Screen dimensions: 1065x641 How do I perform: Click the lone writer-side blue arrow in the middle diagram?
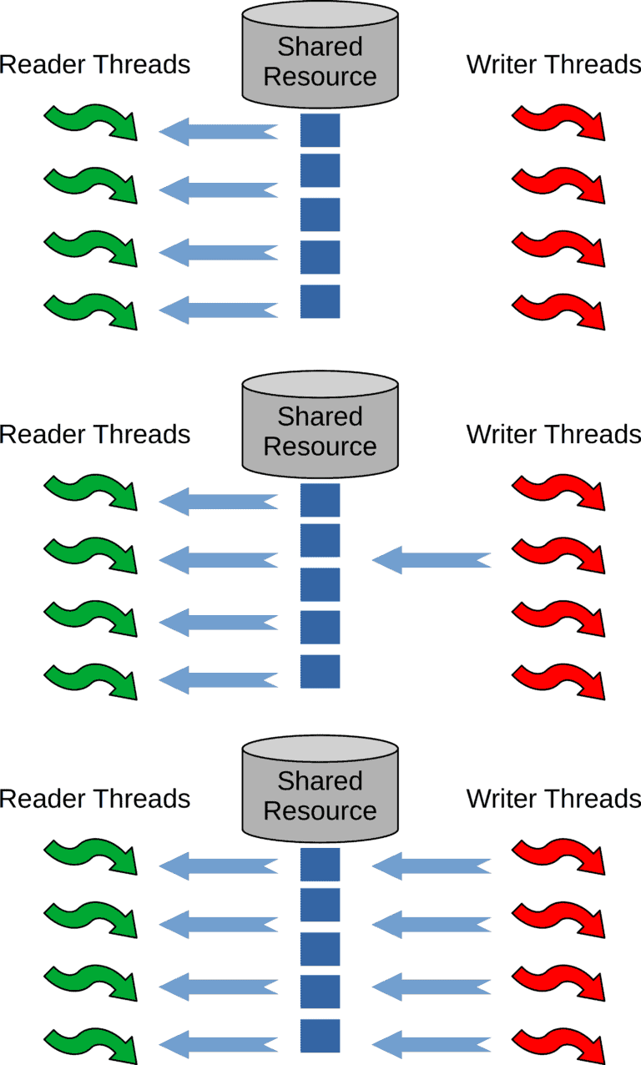[431, 558]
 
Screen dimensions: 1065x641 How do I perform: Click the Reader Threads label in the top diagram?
[95, 64]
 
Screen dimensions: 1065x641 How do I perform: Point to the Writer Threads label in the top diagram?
[553, 64]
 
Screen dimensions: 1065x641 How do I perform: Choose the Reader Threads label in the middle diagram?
[95, 434]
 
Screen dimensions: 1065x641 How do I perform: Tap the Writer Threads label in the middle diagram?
[553, 434]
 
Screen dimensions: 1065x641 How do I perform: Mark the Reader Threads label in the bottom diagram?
[95, 799]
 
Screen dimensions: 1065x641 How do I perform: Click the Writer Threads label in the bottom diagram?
[553, 799]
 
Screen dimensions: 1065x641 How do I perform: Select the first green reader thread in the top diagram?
[91, 123]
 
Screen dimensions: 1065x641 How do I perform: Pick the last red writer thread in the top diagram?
[558, 311]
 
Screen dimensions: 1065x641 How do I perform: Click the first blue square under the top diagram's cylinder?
[320, 130]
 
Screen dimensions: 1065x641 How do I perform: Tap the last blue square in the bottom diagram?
[320, 1035]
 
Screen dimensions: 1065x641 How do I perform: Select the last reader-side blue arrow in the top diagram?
[218, 311]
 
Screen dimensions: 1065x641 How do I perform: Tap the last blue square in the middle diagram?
[320, 671]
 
